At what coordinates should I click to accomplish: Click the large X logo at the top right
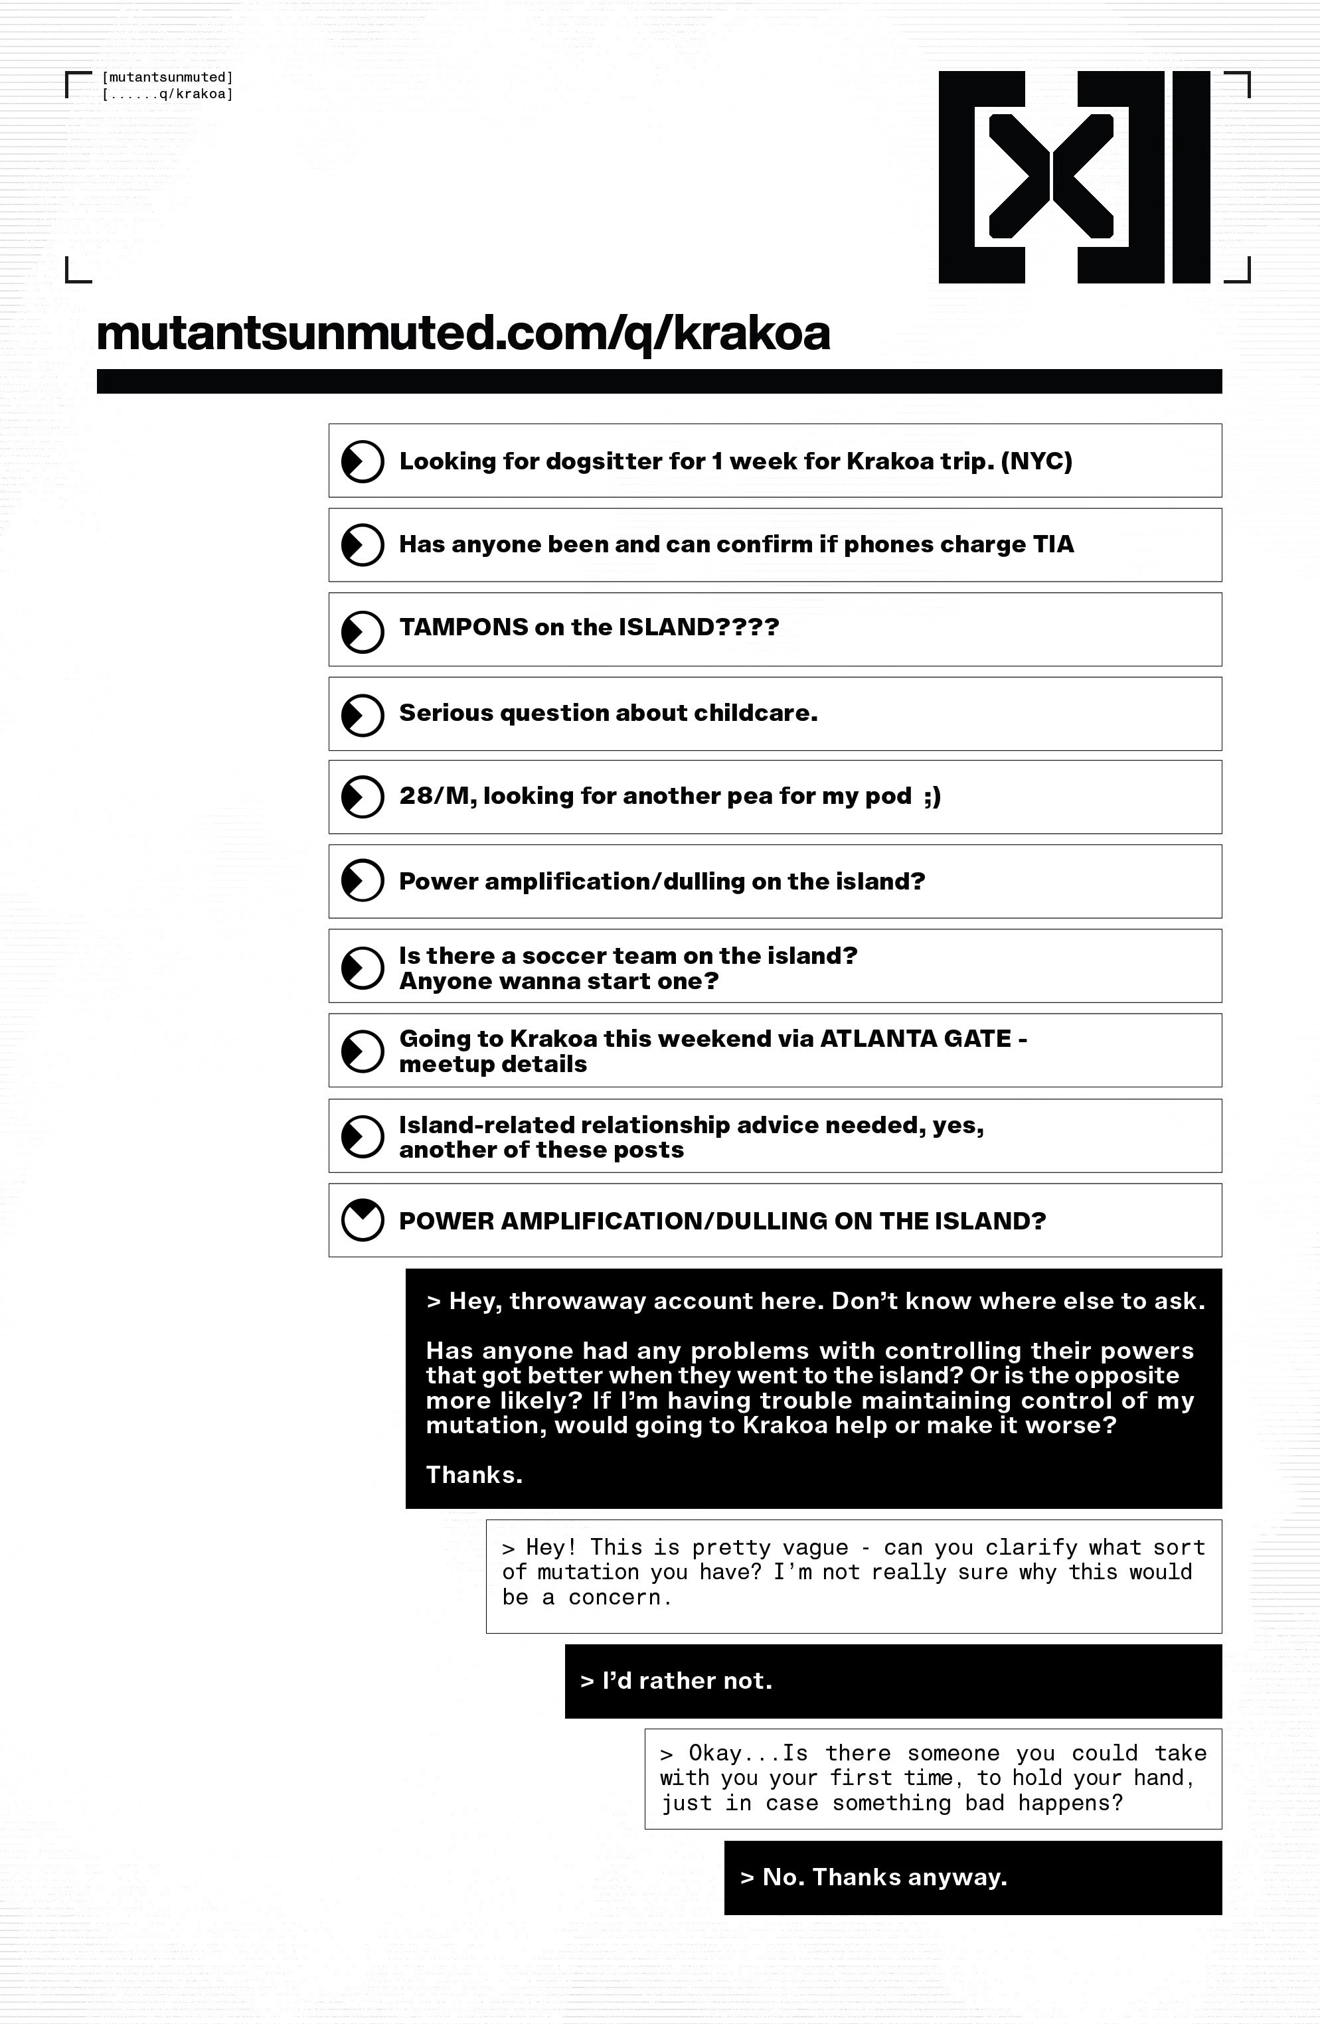click(x=1074, y=177)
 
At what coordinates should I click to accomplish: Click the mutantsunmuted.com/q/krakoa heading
click(x=463, y=333)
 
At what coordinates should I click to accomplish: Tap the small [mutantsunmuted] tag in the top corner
click(x=167, y=78)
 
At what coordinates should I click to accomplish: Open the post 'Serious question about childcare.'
click(x=608, y=713)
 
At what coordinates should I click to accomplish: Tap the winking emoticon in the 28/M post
click(x=932, y=796)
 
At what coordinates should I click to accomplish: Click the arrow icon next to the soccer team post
click(x=363, y=968)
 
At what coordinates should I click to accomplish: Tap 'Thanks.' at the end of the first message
click(x=473, y=1474)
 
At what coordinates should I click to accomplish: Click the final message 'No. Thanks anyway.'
click(x=884, y=1878)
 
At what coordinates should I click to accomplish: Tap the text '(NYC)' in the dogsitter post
click(x=1036, y=462)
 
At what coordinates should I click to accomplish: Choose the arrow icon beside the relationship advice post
click(x=363, y=1137)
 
